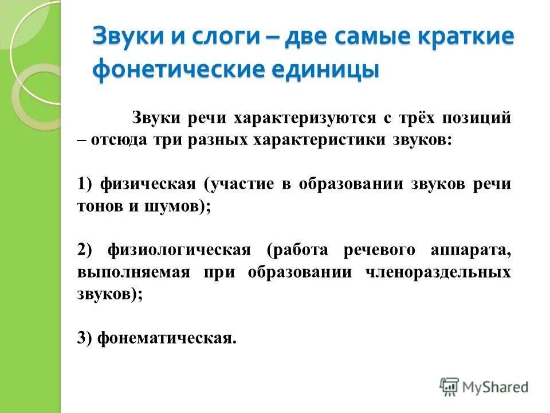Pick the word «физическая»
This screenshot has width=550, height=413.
click(147, 184)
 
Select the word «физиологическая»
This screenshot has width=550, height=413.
click(179, 251)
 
